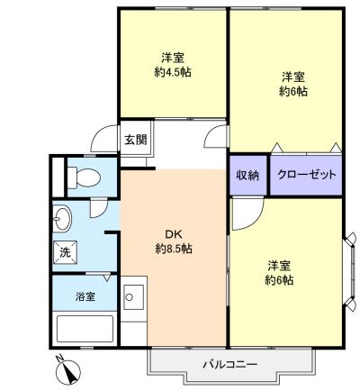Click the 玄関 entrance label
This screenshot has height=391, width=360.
point(136,140)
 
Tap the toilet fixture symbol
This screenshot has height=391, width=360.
point(84,177)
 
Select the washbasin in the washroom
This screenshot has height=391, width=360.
point(62,219)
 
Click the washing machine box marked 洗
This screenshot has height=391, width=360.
point(65,252)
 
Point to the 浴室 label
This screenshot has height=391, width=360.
point(85,296)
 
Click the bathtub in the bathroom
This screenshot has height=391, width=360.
point(85,329)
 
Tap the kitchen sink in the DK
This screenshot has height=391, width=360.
point(133,297)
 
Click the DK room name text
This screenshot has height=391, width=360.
point(174,234)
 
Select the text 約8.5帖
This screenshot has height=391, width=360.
point(174,249)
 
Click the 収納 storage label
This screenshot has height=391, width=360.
point(247,175)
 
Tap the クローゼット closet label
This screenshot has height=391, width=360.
point(306,175)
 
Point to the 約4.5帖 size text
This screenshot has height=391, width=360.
point(173,72)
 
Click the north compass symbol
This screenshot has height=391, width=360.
point(68,370)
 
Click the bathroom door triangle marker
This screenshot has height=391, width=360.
point(107,277)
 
